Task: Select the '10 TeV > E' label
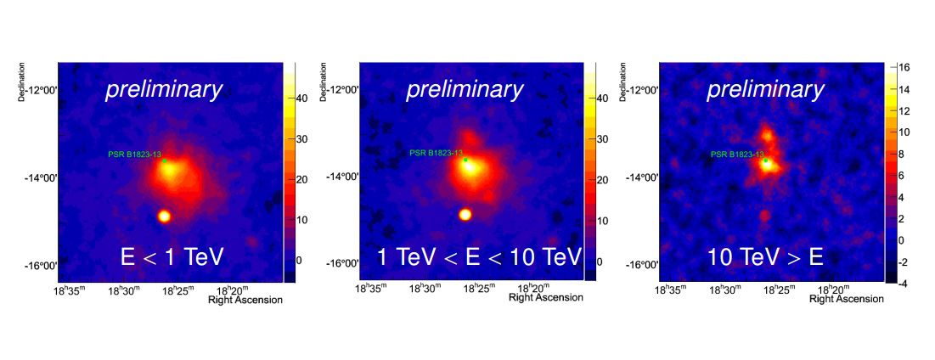[767, 257]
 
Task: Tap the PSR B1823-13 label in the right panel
[737, 155]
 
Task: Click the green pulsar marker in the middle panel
[465, 160]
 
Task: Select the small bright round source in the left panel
[164, 217]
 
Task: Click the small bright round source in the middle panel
[465, 214]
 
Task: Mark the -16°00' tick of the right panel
[642, 265]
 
